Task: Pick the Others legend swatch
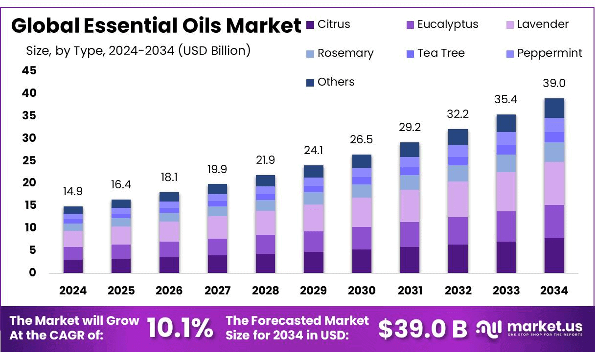click(x=310, y=83)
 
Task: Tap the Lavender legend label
click(x=543, y=24)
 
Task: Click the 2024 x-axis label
click(x=73, y=291)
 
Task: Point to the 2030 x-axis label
click(x=362, y=291)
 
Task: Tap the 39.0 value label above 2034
click(x=554, y=84)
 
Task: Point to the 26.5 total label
click(x=362, y=140)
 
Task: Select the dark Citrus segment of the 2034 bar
click(x=554, y=255)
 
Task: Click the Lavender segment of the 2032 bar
click(x=458, y=199)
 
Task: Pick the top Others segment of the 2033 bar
click(x=506, y=123)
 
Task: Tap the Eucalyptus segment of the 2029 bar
click(x=313, y=242)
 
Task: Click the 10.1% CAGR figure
click(x=180, y=328)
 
